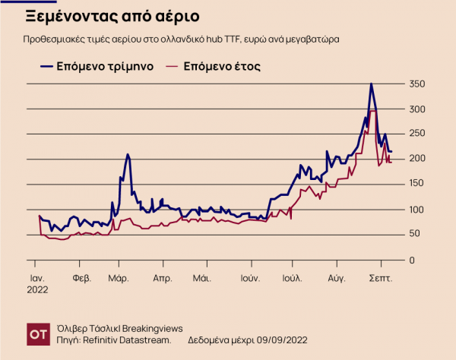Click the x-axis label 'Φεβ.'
[81, 278]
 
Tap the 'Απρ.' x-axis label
[162, 278]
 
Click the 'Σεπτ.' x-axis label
[380, 278]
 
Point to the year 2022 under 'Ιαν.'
[38, 289]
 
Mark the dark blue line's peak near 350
[371, 84]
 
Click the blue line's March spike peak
[128, 154]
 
